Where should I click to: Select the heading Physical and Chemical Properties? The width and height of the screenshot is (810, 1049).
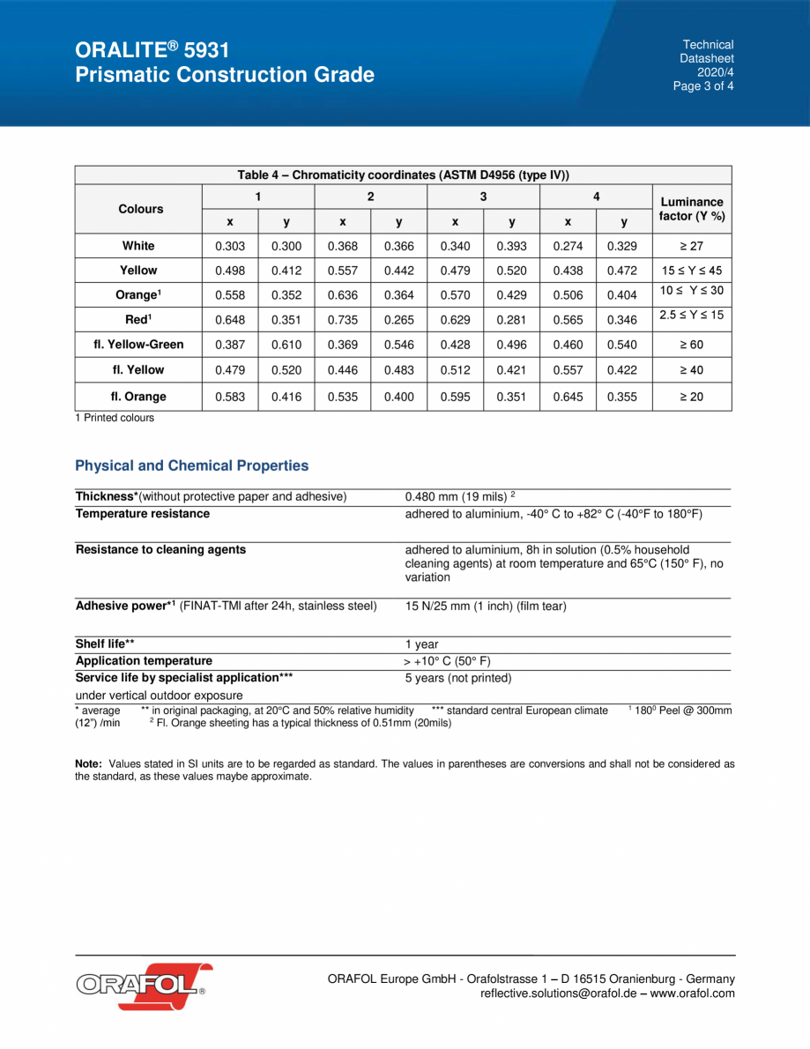click(x=192, y=465)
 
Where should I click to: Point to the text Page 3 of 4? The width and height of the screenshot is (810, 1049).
click(x=703, y=86)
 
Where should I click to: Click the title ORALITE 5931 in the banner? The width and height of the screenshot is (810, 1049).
click(x=153, y=49)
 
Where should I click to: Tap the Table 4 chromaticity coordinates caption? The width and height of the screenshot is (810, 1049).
click(x=403, y=175)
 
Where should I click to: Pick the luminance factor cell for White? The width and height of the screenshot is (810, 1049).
click(x=691, y=246)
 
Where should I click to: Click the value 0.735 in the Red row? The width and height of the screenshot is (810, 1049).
click(x=342, y=319)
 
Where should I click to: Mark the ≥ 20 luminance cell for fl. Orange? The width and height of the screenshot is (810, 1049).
click(x=691, y=397)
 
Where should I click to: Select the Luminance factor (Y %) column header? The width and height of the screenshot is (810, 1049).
click(x=691, y=209)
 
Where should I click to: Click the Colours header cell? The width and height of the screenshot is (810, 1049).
click(x=140, y=209)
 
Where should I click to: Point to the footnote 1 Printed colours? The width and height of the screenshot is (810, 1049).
click(x=115, y=418)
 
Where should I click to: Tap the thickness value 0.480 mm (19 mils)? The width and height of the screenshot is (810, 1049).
click(x=459, y=497)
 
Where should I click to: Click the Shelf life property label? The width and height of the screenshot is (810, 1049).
click(x=105, y=644)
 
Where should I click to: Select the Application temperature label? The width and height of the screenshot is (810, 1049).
click(x=144, y=661)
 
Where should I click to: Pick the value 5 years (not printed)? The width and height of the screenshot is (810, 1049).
click(x=457, y=679)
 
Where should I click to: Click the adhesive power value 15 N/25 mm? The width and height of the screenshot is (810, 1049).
click(x=472, y=606)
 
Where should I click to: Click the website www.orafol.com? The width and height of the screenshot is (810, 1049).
click(x=692, y=993)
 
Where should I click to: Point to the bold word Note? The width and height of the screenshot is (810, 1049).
click(x=89, y=763)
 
